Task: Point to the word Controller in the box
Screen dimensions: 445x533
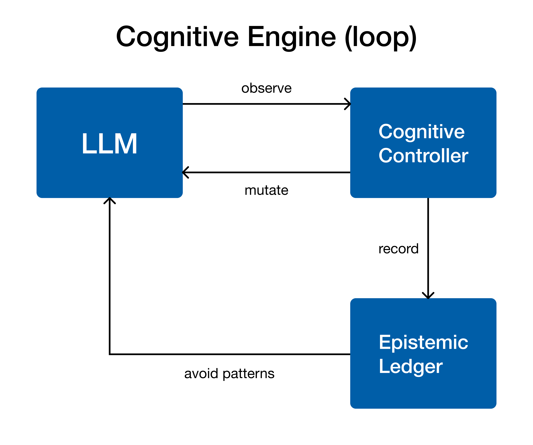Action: pos(423,155)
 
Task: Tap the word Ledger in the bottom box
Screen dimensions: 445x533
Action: pos(410,366)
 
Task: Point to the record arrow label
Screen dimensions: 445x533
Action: pos(398,249)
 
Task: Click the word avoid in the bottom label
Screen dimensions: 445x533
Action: pos(201,373)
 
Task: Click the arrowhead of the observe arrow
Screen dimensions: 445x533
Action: pos(348,104)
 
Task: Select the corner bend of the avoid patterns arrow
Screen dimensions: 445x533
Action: pos(110,354)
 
